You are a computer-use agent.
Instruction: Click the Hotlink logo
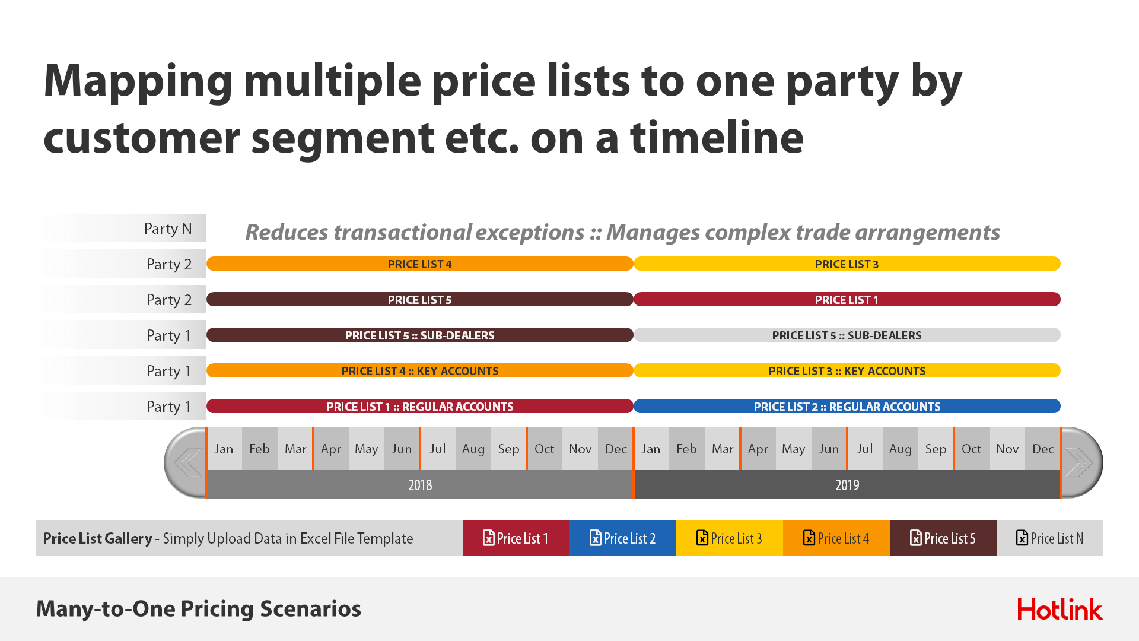click(1060, 609)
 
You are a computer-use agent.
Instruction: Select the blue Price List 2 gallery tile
click(623, 538)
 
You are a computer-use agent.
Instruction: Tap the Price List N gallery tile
click(1050, 538)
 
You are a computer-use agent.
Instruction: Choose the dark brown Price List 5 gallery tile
click(943, 538)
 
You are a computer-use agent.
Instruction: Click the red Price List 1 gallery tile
click(516, 538)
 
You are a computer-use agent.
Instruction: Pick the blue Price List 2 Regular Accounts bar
click(847, 406)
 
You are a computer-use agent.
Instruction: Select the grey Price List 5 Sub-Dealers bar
click(847, 335)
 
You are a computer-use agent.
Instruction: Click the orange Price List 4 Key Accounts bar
click(420, 370)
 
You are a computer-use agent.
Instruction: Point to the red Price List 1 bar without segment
click(847, 299)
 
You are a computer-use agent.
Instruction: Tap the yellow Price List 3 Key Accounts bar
click(847, 370)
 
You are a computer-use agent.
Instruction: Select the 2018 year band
click(420, 484)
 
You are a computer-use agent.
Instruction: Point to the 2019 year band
click(847, 484)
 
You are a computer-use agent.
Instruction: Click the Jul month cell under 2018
click(438, 449)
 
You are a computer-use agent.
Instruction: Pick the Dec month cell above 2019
click(1043, 449)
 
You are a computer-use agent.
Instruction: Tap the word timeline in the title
click(717, 137)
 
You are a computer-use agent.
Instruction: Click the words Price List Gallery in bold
click(97, 538)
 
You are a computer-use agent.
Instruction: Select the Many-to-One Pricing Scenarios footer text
click(199, 609)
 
